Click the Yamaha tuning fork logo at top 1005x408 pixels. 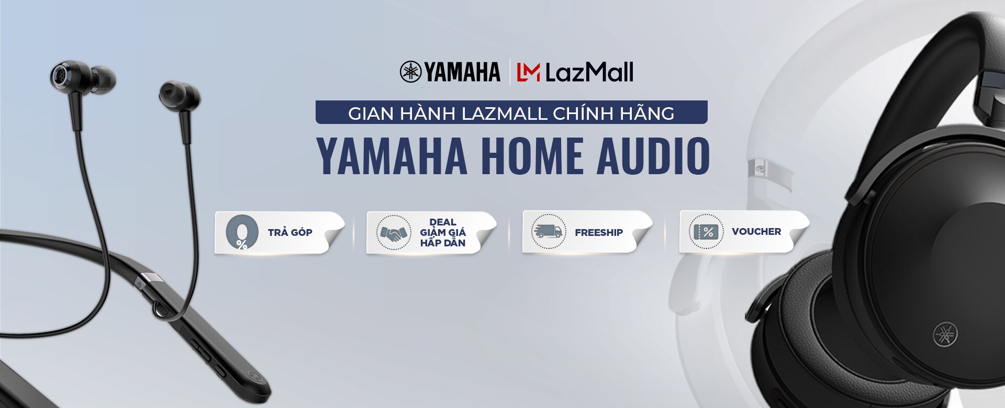tap(410, 72)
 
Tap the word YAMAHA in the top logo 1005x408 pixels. tap(462, 72)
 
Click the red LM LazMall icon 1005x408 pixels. tap(528, 72)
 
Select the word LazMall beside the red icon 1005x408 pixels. tap(589, 72)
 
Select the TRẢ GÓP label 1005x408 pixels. tap(290, 232)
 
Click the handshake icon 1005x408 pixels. tap(394, 232)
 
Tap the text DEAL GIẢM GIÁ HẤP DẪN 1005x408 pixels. tap(443, 232)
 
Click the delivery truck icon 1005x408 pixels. tap(549, 232)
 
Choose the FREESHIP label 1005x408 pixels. tap(599, 232)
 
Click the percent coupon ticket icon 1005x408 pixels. tap(706, 232)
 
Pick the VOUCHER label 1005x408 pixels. tap(756, 231)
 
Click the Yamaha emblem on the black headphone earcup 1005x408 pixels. tap(946, 334)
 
